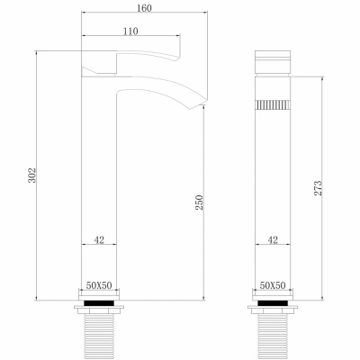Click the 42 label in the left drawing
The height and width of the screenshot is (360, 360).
(x=99, y=239)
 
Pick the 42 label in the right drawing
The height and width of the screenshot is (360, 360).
(x=274, y=239)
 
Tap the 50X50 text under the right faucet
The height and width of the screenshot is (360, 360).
(x=274, y=285)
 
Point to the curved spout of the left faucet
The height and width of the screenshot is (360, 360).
(x=162, y=94)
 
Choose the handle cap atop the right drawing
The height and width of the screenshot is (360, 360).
(x=274, y=63)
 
